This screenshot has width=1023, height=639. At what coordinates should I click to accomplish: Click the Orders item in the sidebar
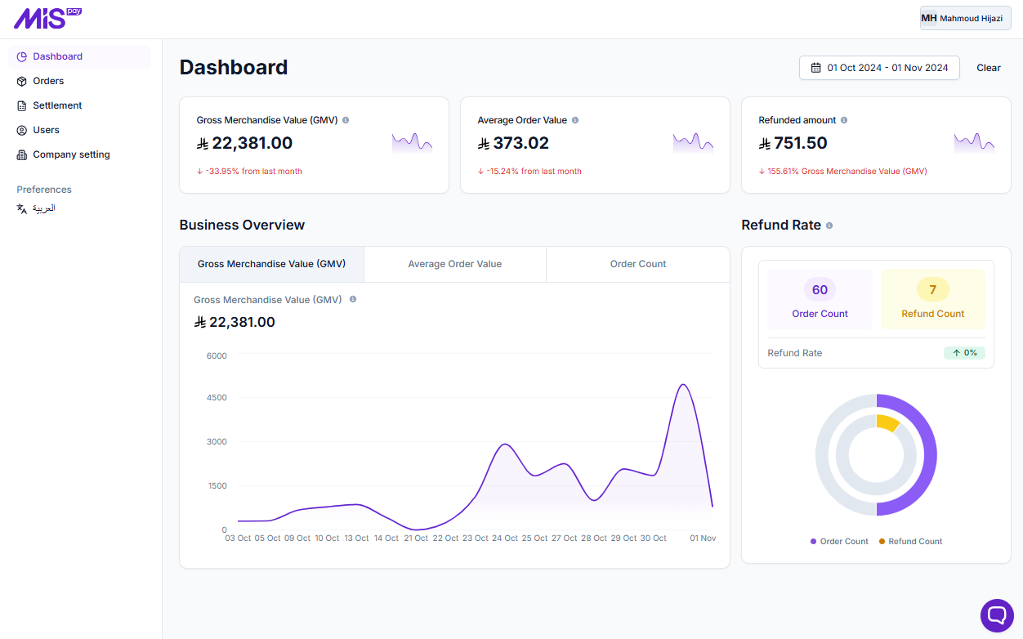coord(48,81)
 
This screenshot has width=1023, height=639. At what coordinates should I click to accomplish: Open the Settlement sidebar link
coord(57,105)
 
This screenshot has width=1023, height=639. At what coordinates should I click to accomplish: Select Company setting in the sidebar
coord(71,154)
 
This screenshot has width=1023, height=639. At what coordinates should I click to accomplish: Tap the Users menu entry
coord(46,130)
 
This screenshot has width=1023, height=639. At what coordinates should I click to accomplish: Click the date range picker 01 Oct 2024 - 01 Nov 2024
coord(879,68)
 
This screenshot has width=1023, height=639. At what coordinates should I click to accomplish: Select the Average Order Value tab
coord(454,264)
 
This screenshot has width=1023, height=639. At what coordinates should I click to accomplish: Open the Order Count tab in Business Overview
coord(638,264)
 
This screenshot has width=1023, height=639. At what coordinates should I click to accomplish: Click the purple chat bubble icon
coord(997,615)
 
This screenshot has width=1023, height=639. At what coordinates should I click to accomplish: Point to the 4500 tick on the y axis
coord(217,398)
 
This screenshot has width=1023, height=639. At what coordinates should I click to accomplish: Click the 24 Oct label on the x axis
coord(505,538)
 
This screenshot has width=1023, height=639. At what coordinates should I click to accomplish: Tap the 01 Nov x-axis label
coord(703,538)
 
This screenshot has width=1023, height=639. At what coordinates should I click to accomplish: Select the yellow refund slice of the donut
coord(887,422)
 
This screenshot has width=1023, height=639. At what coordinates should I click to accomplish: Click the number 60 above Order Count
coord(820,290)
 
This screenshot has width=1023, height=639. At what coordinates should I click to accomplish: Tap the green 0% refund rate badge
coord(964,353)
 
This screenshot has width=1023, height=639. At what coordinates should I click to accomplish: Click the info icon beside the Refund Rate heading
coord(829,226)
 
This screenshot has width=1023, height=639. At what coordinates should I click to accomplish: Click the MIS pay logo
coord(47,18)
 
